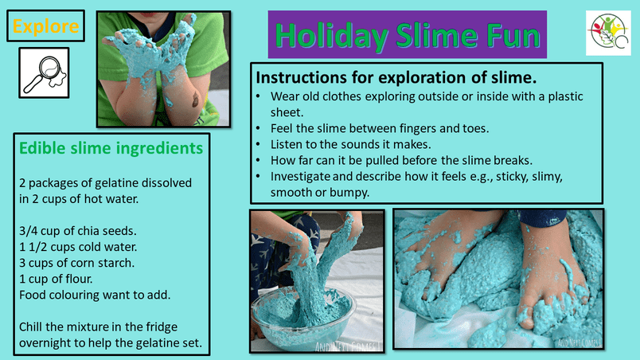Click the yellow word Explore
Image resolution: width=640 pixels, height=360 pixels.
[x=45, y=26]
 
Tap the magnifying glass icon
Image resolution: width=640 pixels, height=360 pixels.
[x=44, y=73]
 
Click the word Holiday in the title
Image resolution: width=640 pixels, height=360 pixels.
[x=331, y=36]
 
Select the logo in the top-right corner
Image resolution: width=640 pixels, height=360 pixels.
[x=608, y=33]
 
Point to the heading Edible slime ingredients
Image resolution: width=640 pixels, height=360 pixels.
[x=111, y=148]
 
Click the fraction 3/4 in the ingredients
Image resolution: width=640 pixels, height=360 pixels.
[x=28, y=231]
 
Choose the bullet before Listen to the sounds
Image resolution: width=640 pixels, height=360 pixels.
[x=258, y=144]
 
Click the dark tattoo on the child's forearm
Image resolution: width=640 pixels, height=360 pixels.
[x=196, y=100]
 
